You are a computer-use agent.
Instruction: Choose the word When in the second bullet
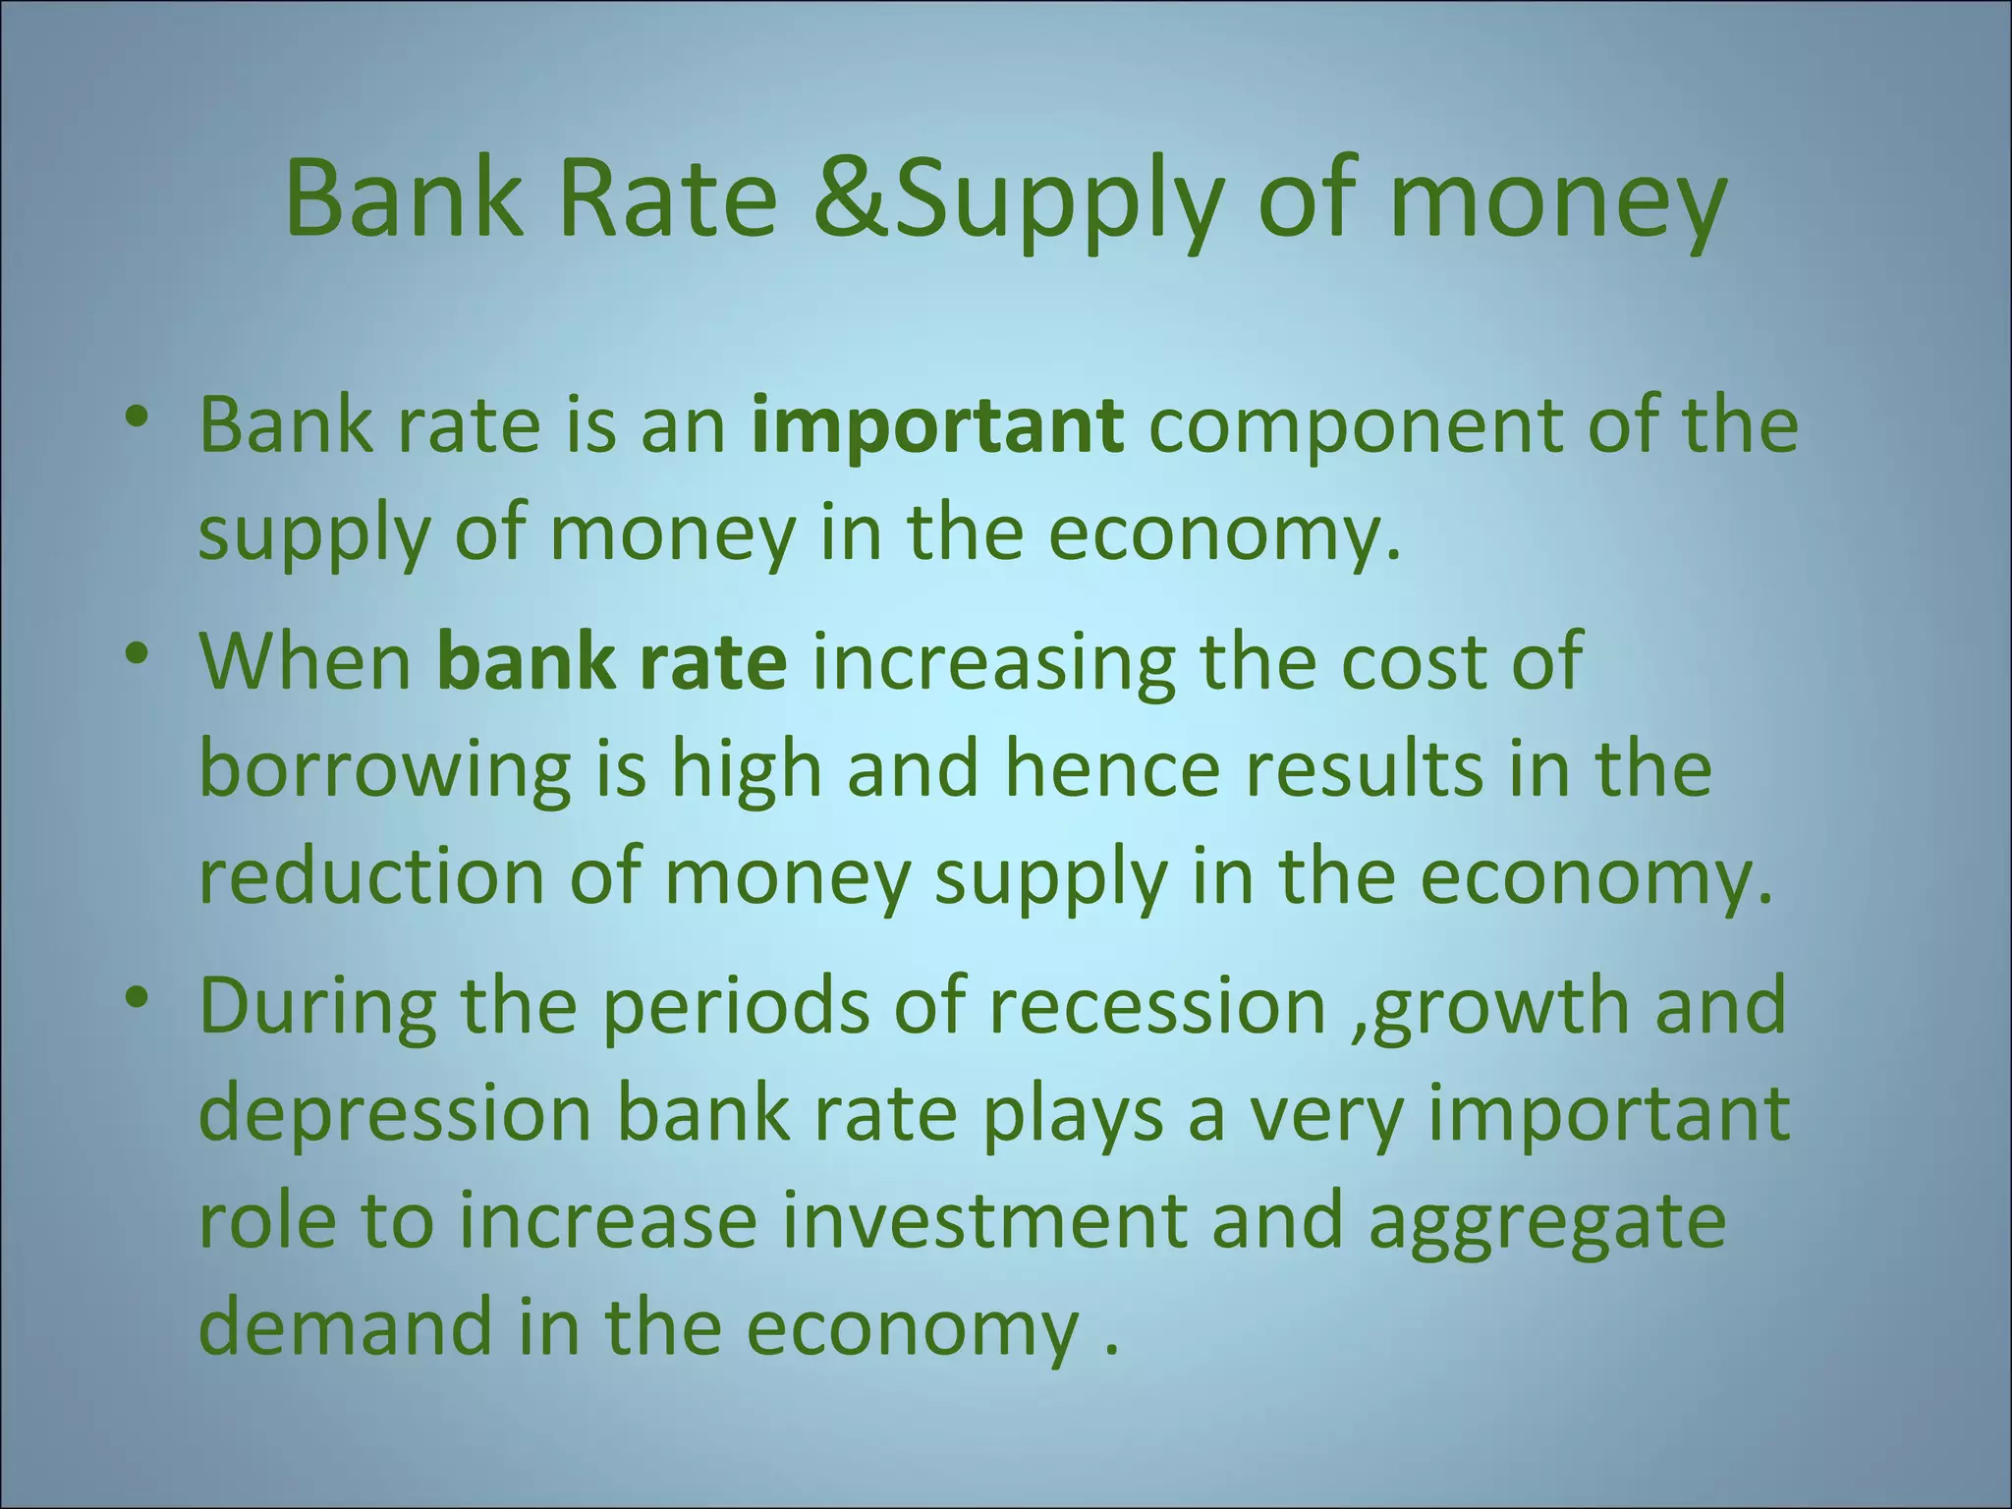coord(306,660)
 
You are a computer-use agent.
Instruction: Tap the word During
coord(317,1008)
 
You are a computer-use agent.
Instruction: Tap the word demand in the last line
coord(344,1326)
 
